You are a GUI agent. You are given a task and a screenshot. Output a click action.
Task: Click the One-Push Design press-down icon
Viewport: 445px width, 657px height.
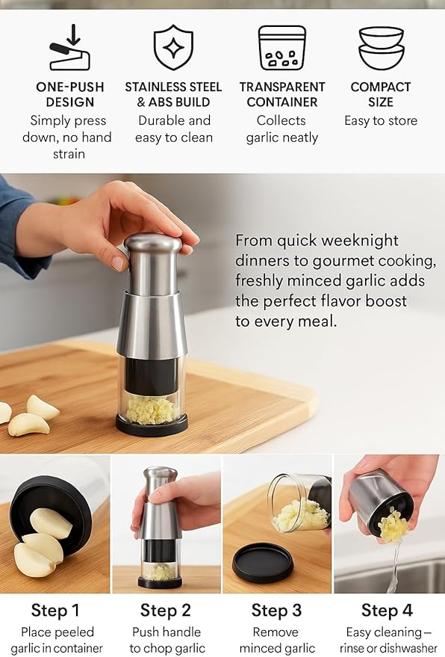69,48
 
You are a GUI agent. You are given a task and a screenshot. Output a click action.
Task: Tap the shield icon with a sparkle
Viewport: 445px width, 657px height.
173,47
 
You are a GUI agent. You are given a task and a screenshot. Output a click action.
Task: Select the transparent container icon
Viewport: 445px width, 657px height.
281,48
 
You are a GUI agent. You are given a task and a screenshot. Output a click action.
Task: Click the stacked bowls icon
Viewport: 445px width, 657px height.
381,48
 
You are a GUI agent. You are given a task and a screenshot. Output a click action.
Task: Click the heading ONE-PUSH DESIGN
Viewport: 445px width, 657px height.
69,95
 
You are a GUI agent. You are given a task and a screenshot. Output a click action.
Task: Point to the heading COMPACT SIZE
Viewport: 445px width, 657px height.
381,95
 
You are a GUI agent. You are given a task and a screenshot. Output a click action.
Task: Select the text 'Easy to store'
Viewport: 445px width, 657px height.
381,121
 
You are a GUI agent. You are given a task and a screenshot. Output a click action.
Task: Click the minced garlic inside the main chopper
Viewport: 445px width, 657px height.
152,410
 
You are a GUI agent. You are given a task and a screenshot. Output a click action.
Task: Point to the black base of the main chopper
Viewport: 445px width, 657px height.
152,427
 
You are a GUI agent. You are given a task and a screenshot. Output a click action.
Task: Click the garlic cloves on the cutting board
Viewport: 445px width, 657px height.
30,416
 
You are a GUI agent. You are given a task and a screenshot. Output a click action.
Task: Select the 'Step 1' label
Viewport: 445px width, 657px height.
56,611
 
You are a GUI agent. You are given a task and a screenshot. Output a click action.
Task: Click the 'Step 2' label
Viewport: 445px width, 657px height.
166,611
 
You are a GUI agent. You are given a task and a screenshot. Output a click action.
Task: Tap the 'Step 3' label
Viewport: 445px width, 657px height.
277,611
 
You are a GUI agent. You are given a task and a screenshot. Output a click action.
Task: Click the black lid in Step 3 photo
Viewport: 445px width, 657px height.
262,563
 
